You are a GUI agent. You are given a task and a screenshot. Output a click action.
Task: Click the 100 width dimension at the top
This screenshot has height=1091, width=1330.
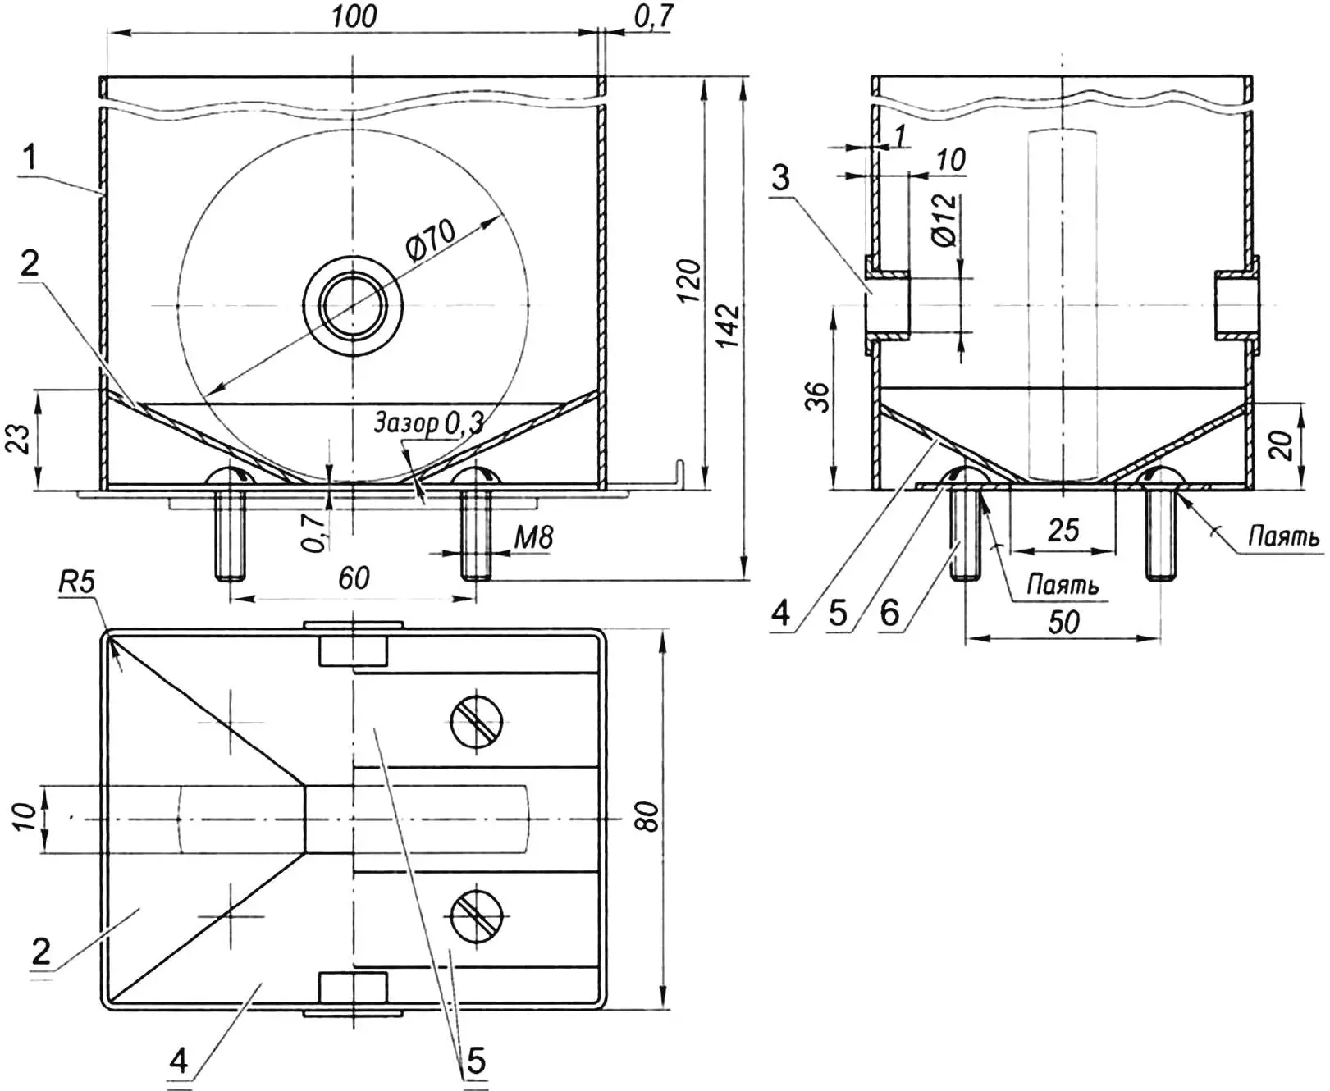355,16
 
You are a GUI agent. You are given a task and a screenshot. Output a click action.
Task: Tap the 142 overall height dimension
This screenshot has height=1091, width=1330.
728,326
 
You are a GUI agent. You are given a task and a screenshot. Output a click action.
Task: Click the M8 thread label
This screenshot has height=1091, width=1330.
533,537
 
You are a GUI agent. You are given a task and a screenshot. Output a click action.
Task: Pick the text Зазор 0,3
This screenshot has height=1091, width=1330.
428,423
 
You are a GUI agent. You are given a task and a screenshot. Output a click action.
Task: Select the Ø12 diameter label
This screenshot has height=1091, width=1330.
944,220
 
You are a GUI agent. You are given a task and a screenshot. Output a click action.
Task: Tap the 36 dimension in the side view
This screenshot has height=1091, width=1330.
820,396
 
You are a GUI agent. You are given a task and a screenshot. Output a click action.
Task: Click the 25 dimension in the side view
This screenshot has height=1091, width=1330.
1063,530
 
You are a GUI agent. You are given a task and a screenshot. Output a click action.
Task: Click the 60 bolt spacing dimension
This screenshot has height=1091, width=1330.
354,578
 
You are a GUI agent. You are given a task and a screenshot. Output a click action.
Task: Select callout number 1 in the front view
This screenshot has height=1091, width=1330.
30,157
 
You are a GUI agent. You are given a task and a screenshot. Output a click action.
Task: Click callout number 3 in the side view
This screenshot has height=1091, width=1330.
781,176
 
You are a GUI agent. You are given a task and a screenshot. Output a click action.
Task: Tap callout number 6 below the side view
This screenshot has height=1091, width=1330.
889,613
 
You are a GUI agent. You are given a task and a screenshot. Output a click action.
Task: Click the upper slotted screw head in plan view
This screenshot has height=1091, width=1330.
477,722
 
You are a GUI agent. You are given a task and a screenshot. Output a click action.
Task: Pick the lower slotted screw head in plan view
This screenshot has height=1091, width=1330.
477,915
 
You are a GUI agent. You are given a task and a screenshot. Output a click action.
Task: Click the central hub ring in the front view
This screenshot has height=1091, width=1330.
354,305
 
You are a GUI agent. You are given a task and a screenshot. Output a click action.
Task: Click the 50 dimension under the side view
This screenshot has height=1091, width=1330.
1063,622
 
